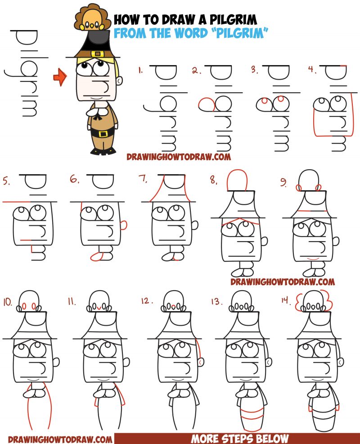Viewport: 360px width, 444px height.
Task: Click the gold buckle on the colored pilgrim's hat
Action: point(96,54)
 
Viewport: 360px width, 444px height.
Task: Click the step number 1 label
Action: point(141,70)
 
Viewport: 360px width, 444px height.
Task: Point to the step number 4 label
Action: point(312,70)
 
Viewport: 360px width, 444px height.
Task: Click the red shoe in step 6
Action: point(96,256)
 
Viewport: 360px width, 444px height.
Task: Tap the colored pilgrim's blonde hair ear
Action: point(119,81)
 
